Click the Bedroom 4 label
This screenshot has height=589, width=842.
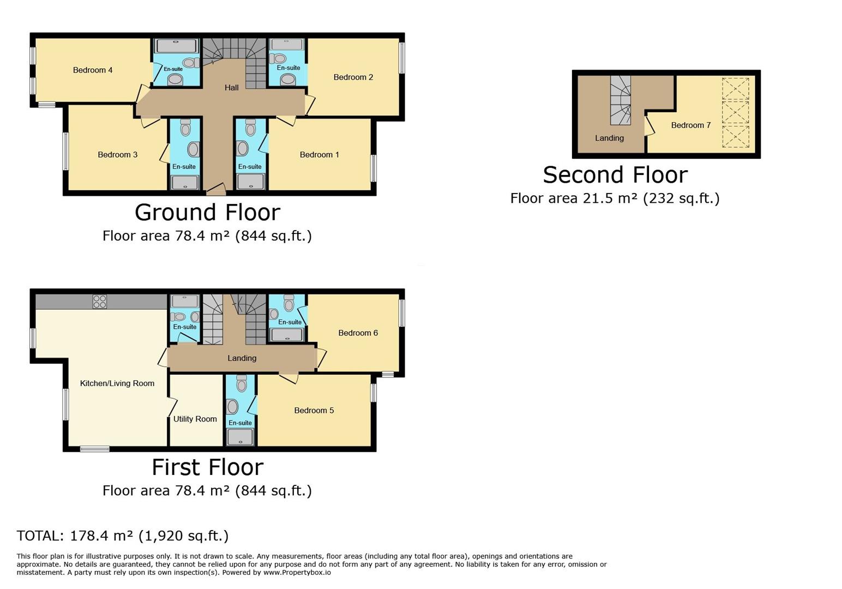click(x=93, y=70)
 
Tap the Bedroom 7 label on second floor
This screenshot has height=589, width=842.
click(x=690, y=125)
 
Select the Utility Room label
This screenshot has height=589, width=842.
click(x=195, y=419)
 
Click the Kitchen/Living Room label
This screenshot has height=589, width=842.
click(x=117, y=383)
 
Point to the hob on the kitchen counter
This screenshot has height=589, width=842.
click(x=100, y=302)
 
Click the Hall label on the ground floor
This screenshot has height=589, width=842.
click(x=231, y=87)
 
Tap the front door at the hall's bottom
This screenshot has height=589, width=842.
click(x=216, y=191)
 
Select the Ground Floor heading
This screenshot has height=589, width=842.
click(x=207, y=212)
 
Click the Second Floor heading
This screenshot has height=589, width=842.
click(x=615, y=175)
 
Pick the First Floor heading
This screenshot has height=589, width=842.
click(x=207, y=467)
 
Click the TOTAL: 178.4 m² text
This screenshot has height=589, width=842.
click(x=122, y=536)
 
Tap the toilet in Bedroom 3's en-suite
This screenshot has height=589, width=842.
click(x=185, y=128)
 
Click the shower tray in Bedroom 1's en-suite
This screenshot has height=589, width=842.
click(x=251, y=182)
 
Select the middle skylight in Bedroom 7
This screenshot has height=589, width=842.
click(x=735, y=112)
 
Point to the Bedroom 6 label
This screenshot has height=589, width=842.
click(x=358, y=333)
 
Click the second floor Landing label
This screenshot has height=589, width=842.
click(x=609, y=138)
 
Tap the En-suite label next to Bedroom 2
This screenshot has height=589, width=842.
click(x=288, y=68)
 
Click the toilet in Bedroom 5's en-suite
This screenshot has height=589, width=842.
click(x=242, y=384)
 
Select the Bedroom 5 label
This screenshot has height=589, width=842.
click(x=314, y=410)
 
